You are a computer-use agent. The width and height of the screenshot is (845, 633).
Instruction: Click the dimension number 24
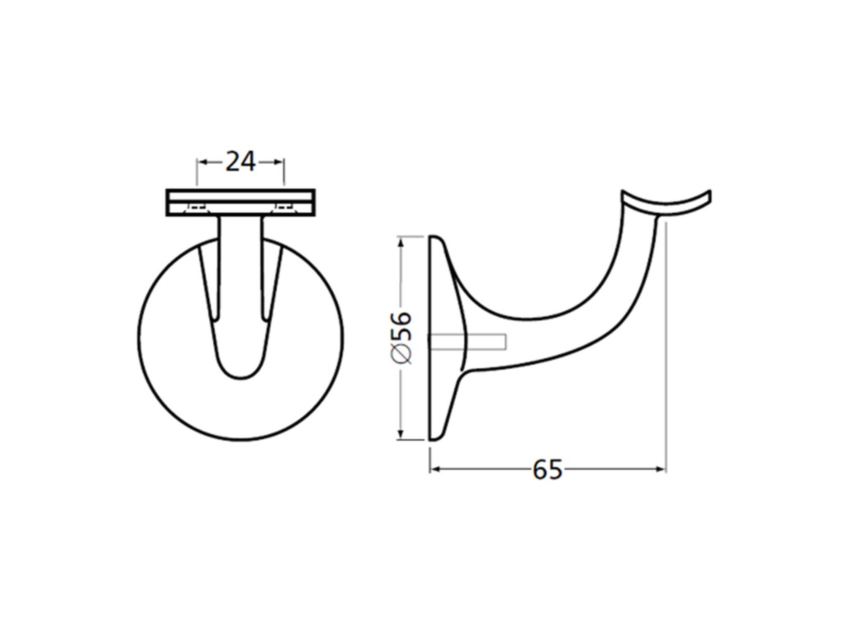click(x=240, y=162)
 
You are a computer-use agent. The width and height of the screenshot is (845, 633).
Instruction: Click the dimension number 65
click(x=548, y=469)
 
